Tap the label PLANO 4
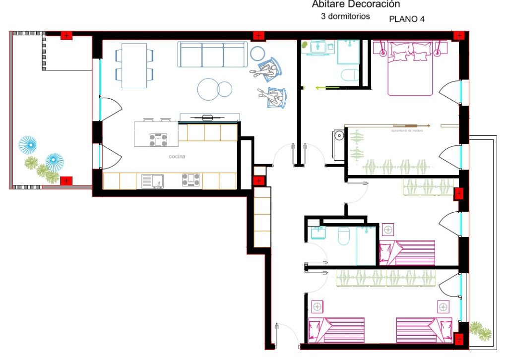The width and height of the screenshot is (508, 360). (407, 19)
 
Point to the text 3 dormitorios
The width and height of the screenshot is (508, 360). (346, 16)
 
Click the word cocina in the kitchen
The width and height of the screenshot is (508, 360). (176, 157)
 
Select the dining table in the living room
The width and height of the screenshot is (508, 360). (134, 66)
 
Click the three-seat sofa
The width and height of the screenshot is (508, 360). (212, 55)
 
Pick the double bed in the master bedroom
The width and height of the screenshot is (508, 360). (410, 68)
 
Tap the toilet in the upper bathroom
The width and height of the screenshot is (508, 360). (350, 75)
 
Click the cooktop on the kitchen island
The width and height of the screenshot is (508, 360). (158, 140)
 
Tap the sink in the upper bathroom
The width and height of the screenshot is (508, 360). (317, 47)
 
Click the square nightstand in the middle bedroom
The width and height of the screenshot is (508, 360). (388, 230)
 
